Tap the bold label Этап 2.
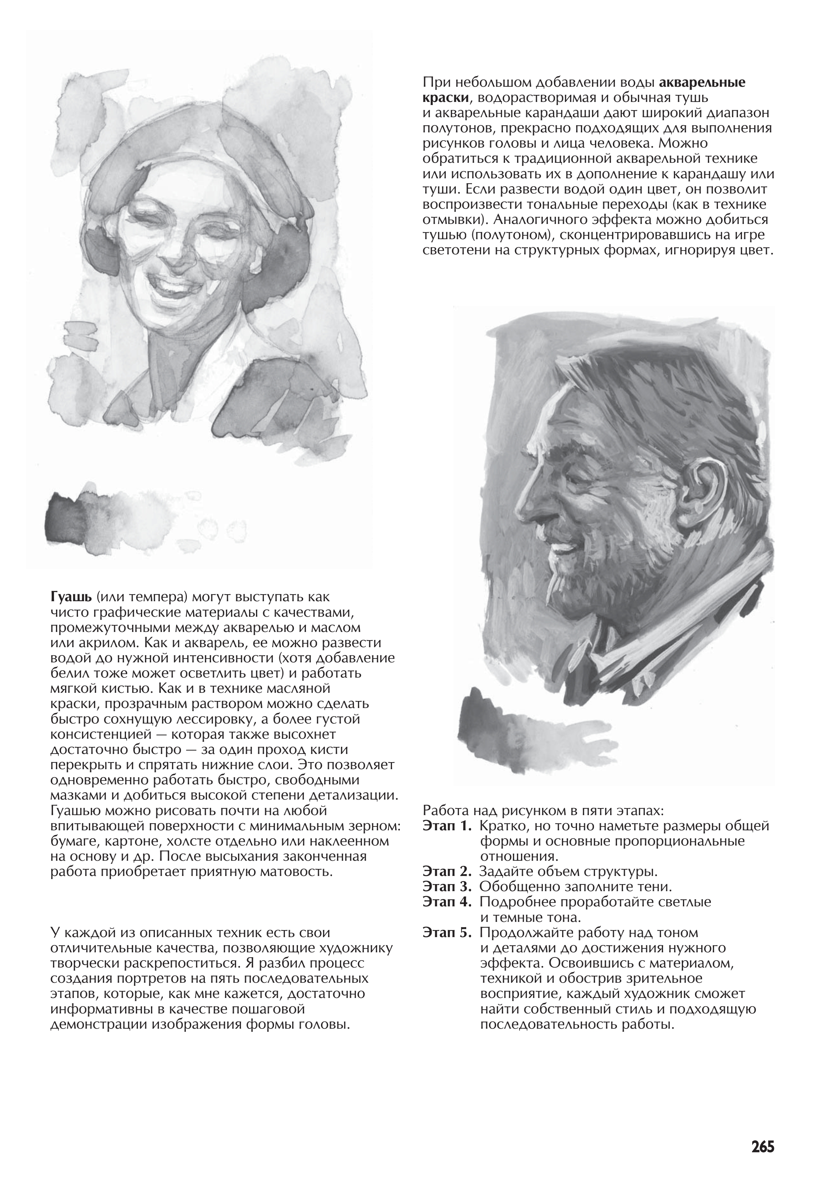pos(446,873)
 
